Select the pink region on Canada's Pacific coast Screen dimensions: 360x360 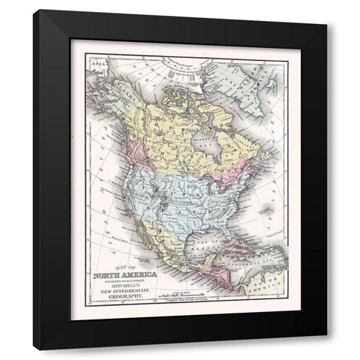128,150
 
